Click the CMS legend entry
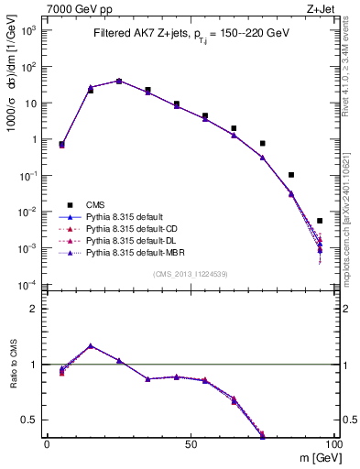[x=101, y=204]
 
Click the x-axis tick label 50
[x=189, y=442]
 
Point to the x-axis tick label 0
[x=47, y=442]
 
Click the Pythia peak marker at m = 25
[x=119, y=81]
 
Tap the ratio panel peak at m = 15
[x=90, y=346]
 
